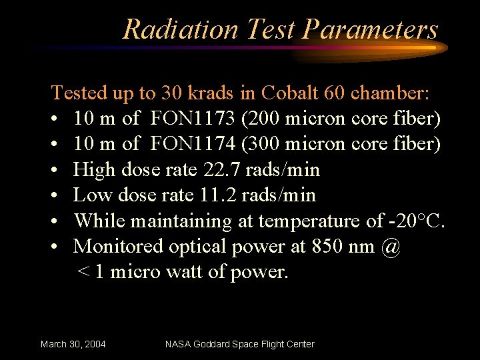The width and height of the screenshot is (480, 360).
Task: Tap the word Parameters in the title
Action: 370,29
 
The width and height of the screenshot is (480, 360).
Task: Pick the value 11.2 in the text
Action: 217,195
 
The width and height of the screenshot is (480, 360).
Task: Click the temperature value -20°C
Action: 417,220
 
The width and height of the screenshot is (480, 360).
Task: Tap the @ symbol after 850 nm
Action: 392,246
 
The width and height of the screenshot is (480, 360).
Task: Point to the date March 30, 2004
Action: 73,344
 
